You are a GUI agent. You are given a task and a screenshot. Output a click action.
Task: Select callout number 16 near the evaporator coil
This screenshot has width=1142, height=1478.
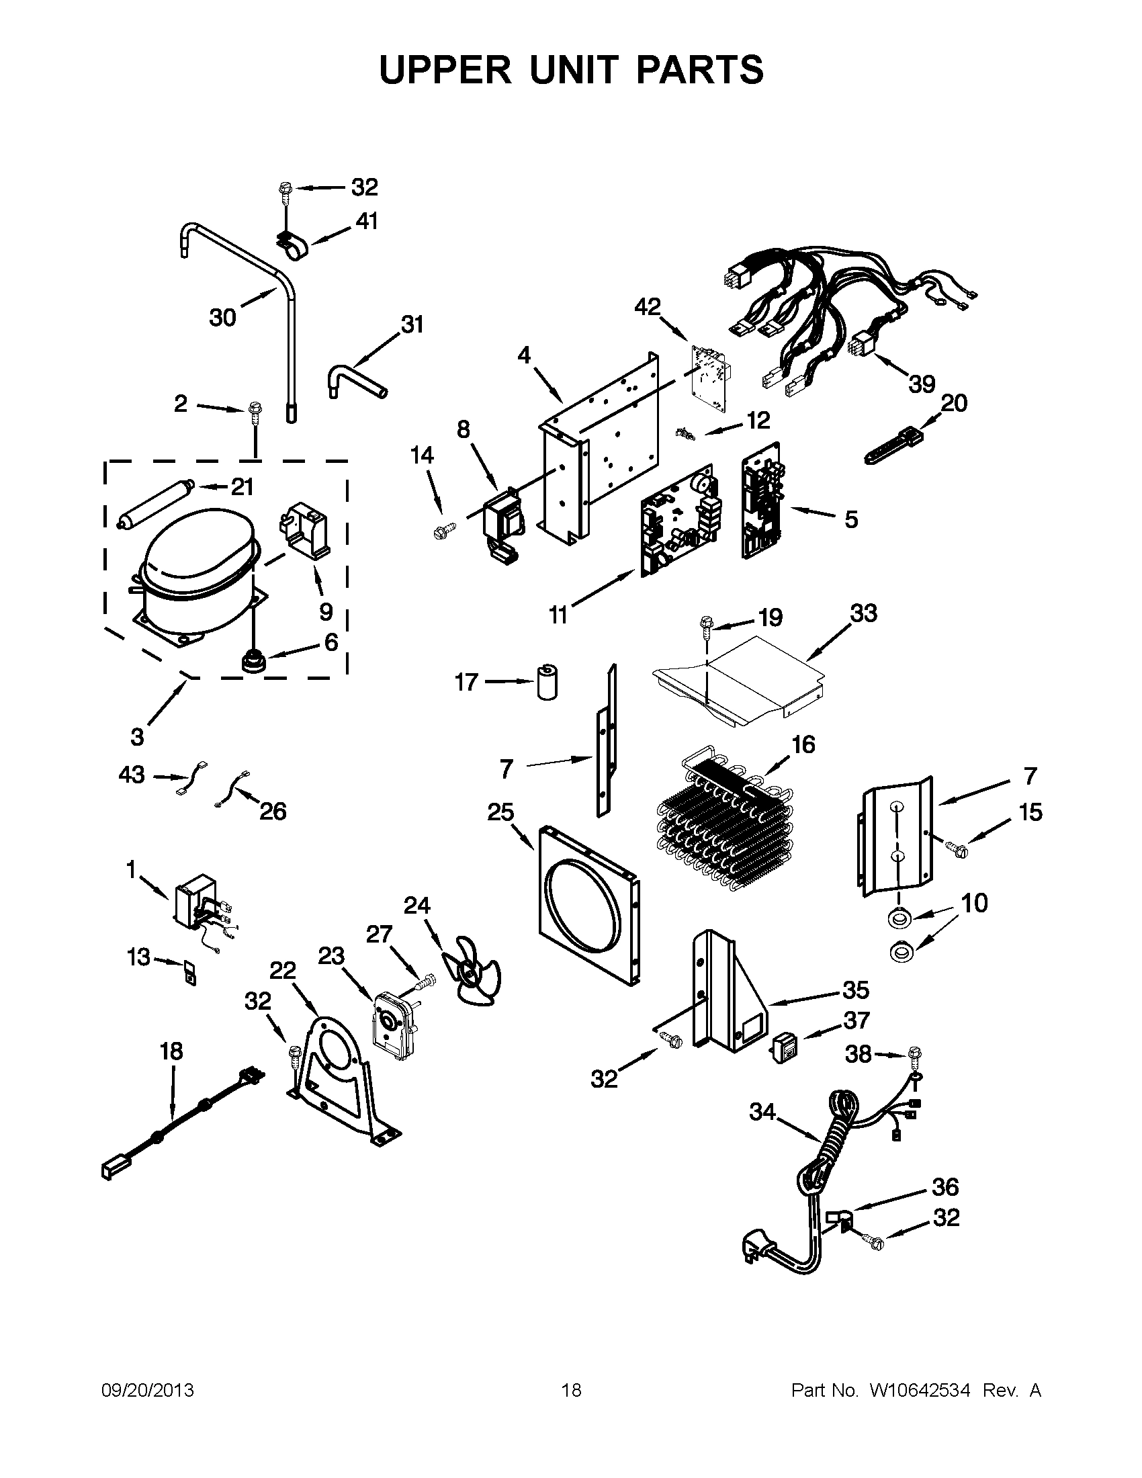click(x=803, y=744)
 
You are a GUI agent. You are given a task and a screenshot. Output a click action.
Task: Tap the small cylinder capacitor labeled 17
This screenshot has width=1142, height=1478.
click(x=547, y=682)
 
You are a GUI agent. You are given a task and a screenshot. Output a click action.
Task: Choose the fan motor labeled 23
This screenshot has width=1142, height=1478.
click(x=390, y=1027)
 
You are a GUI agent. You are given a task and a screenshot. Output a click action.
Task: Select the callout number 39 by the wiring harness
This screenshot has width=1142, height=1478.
click(x=922, y=384)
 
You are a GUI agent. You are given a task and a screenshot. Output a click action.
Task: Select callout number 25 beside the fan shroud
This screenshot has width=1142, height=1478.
click(x=500, y=812)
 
